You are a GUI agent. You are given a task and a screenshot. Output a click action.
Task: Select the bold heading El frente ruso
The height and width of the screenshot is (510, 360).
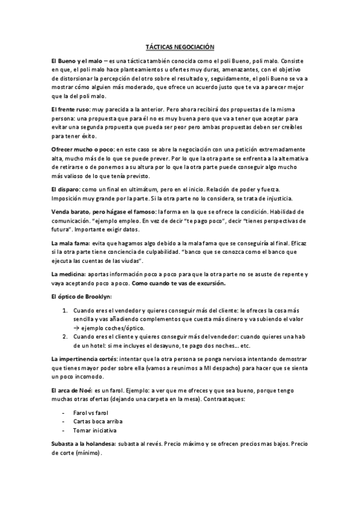coord(71,109)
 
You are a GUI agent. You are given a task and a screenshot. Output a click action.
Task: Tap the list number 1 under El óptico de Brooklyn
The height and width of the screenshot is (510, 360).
coord(66,310)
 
